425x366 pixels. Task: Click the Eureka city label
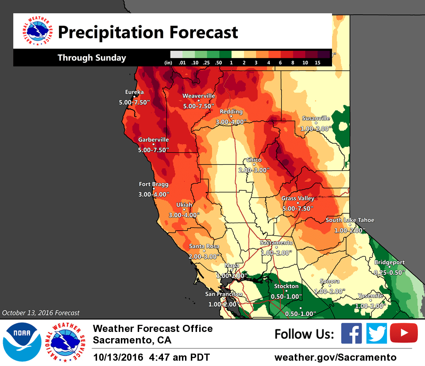[134, 92]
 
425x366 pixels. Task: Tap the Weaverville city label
[198, 96]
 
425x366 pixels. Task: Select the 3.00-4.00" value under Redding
[231, 122]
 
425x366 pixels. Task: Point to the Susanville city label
[316, 118]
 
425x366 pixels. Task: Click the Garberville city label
[153, 139]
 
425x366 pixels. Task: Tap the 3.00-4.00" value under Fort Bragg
[154, 194]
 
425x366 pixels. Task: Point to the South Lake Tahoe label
[350, 220]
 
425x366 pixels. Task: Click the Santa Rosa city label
[204, 246]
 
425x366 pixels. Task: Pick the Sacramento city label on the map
[276, 243]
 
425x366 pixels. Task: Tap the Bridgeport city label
[389, 262]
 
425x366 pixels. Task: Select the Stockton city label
[286, 286]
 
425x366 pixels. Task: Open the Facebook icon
[351, 334]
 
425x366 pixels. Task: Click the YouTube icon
[403, 334]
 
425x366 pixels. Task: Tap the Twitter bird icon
[377, 334]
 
